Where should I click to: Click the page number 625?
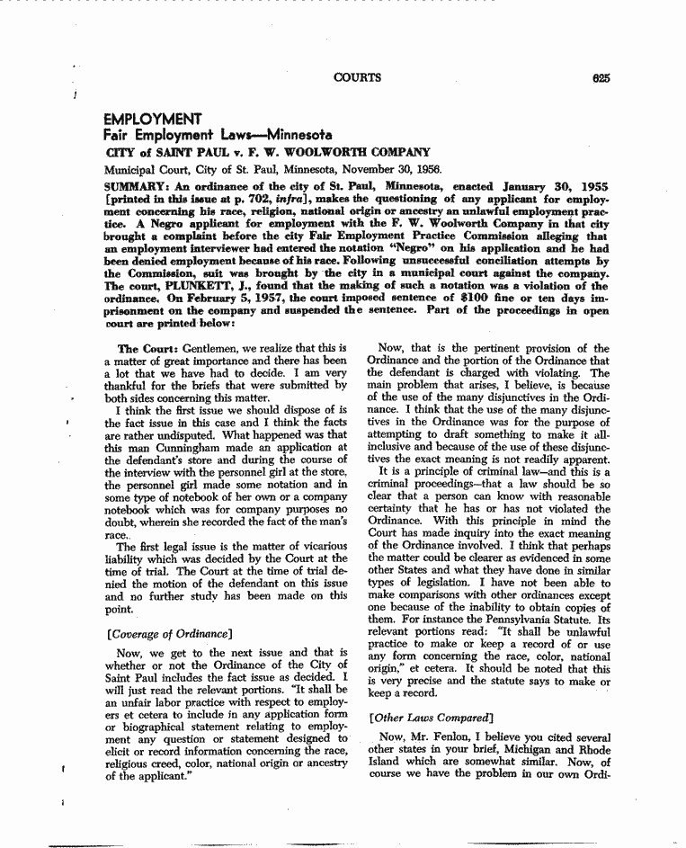[601, 78]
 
